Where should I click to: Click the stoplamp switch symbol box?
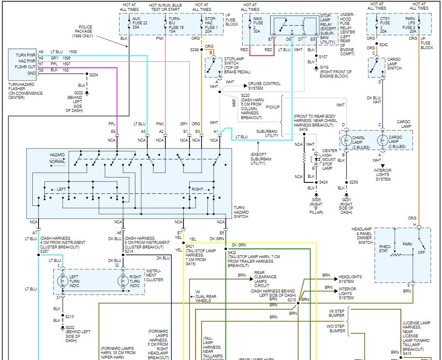tap(213, 67)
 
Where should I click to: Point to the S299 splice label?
tap(194, 49)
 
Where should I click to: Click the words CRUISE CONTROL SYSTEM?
tap(264, 86)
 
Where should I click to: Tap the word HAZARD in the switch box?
tap(57, 155)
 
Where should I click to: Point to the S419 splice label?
tap(303, 130)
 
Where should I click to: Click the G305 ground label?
tap(316, 200)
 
